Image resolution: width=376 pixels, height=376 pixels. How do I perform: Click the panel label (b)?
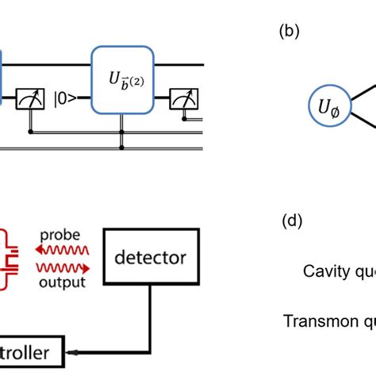click(286, 33)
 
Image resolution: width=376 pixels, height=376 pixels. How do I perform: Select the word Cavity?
click(325, 272)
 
